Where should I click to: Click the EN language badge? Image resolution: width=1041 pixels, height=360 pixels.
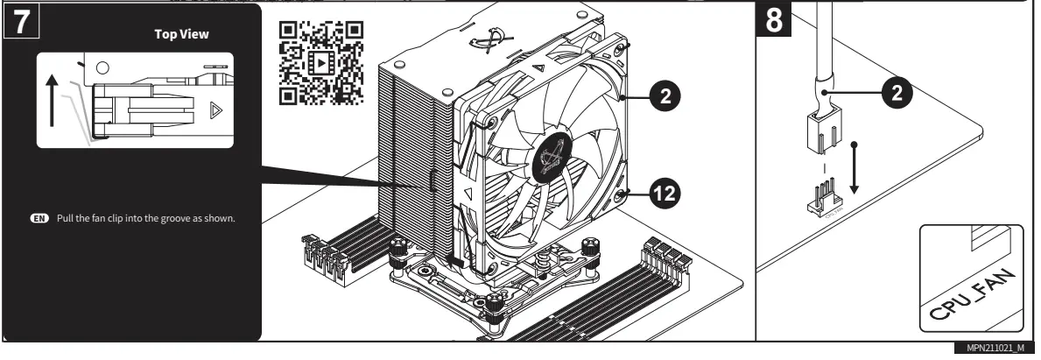click(39, 217)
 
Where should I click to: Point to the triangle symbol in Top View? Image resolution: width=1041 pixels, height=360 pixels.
click(215, 112)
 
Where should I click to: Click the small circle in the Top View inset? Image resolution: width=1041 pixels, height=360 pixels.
click(101, 66)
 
